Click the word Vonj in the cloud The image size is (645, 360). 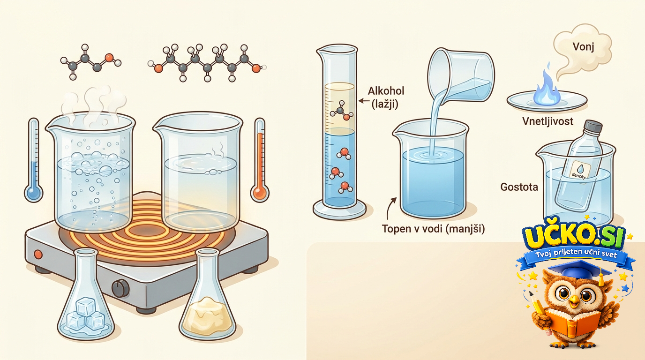point(583,47)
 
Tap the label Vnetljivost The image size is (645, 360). point(547,121)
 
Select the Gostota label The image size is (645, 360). point(519,187)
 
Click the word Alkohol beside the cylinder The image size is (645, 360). point(386,91)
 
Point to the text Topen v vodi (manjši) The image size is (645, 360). point(433,229)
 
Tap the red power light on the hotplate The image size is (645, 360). point(38,255)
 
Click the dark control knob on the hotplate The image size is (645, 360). point(120,288)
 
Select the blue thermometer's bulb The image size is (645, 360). point(33,193)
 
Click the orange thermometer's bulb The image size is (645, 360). point(260,193)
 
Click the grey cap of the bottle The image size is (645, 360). point(592,127)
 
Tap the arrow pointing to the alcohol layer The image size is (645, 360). point(364,101)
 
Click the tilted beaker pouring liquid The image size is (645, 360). point(461,75)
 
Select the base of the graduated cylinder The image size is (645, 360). point(339,210)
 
